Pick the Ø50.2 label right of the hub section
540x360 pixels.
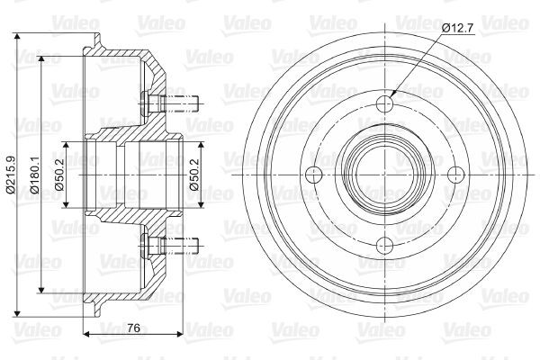194,175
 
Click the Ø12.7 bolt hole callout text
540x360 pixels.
456,28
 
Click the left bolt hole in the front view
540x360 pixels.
314,174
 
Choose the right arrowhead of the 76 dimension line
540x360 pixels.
179,334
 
